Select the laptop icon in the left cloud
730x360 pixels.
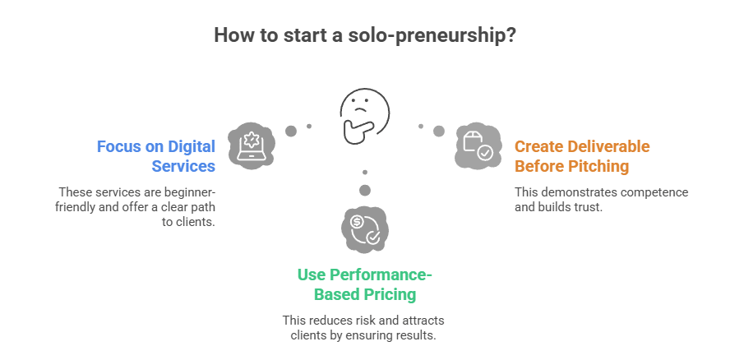(x=251, y=143)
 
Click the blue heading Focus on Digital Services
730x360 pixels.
(x=156, y=156)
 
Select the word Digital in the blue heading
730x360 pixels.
(x=192, y=146)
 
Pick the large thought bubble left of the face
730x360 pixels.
(x=290, y=131)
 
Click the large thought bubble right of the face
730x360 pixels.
(x=439, y=131)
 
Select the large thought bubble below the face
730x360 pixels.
(x=365, y=191)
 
